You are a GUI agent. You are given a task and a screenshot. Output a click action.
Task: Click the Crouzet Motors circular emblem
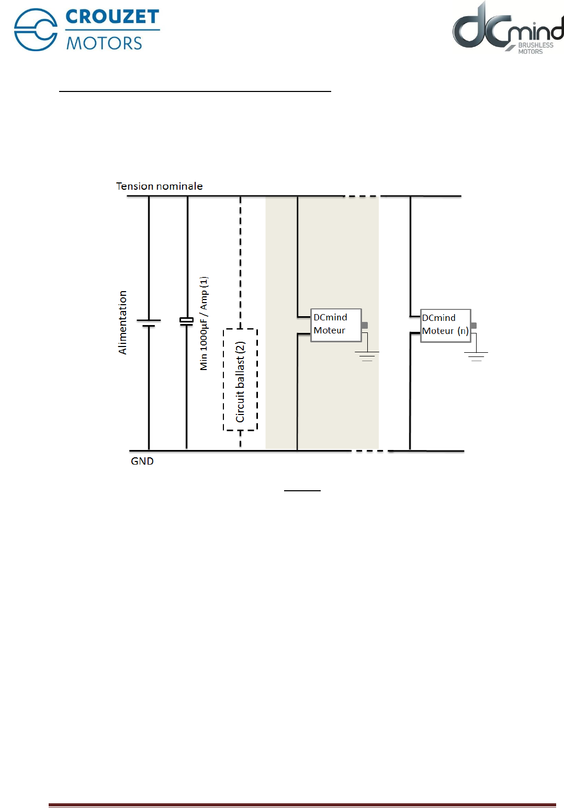pyautogui.click(x=36, y=30)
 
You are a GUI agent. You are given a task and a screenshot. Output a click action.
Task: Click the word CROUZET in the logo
pyautogui.click(x=112, y=17)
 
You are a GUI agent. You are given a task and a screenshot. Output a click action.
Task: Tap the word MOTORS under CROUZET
pyautogui.click(x=104, y=43)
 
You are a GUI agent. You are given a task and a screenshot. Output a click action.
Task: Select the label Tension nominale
pyautogui.click(x=159, y=186)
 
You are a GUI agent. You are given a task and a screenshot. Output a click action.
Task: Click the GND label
pyautogui.click(x=142, y=461)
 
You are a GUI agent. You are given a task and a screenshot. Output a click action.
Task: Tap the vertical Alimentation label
pyautogui.click(x=122, y=322)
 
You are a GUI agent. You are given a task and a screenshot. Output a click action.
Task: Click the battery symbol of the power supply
pyautogui.click(x=149, y=322)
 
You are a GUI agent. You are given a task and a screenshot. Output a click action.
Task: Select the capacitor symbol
pyautogui.click(x=187, y=321)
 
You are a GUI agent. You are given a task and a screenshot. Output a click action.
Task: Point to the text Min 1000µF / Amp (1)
pyautogui.click(x=204, y=324)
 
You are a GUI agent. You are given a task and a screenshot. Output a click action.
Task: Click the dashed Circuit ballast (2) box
pyautogui.click(x=240, y=380)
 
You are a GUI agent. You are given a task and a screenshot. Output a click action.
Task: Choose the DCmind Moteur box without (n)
pyautogui.click(x=335, y=325)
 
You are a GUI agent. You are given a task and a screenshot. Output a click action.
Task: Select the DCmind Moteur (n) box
pyautogui.click(x=445, y=325)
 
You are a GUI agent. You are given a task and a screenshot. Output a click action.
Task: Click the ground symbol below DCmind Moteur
pyautogui.click(x=367, y=356)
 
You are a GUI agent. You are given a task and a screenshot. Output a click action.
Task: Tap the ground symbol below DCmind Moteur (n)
pyautogui.click(x=476, y=356)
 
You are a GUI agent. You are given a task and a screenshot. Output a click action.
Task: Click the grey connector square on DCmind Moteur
pyautogui.click(x=365, y=325)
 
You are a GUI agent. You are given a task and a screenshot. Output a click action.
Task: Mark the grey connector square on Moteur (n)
pyautogui.click(x=473, y=325)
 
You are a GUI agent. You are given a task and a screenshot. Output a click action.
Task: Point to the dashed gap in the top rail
pyautogui.click(x=362, y=197)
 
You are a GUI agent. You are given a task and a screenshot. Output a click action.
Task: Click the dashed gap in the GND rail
pyautogui.click(x=369, y=451)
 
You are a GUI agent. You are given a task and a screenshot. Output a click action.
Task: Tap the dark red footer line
pyautogui.click(x=302, y=805)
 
